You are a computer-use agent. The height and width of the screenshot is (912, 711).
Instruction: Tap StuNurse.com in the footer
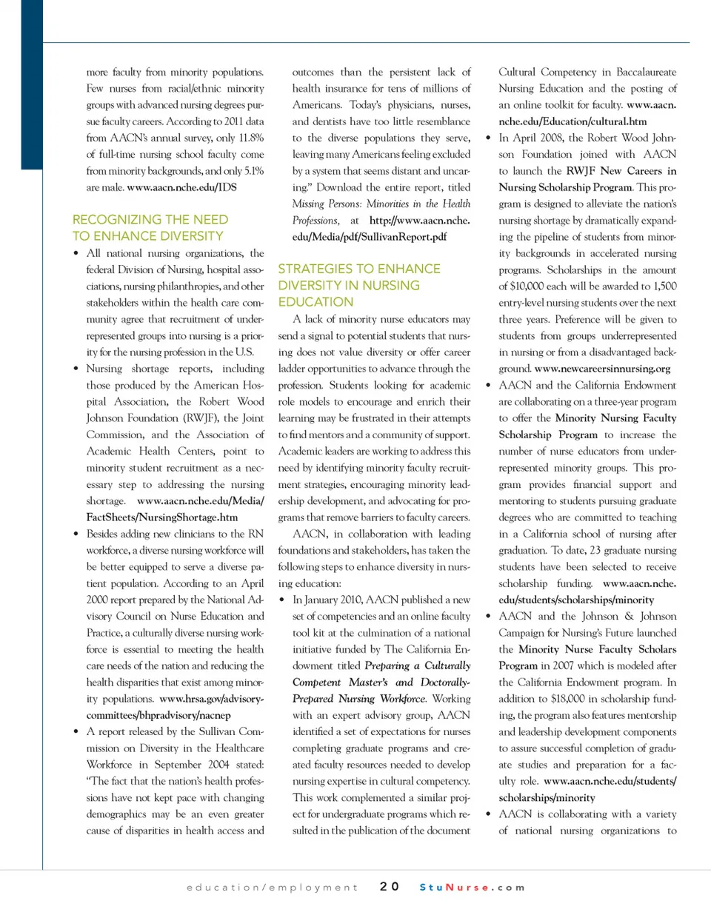(x=472, y=887)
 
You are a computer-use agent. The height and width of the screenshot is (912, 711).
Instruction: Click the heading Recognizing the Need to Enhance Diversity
(x=150, y=228)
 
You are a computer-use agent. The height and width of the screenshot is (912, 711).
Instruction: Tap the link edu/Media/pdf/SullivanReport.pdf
(x=362, y=237)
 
